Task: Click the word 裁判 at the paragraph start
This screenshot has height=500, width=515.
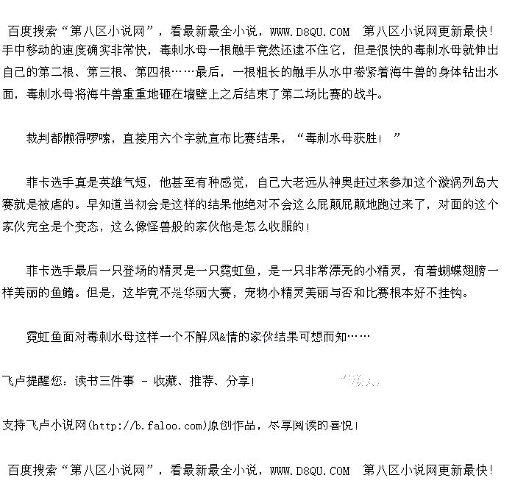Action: click(39, 137)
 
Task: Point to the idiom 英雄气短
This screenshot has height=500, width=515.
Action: click(124, 182)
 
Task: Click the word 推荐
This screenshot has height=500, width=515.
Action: click(202, 381)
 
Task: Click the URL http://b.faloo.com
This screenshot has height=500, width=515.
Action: click(148, 425)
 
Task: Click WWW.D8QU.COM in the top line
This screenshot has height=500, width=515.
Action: click(310, 31)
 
